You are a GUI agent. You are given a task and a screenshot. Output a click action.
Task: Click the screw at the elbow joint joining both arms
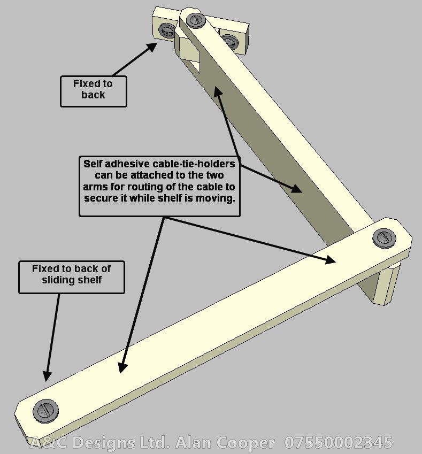pos(383,237)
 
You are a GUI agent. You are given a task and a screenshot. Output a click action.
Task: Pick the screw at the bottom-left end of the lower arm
pos(45,411)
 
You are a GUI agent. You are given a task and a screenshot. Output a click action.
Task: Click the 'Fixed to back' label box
pos(94,90)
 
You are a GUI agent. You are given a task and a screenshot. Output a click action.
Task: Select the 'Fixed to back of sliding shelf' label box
pos(72,276)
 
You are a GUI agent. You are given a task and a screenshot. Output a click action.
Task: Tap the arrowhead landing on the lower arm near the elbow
pos(329,260)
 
